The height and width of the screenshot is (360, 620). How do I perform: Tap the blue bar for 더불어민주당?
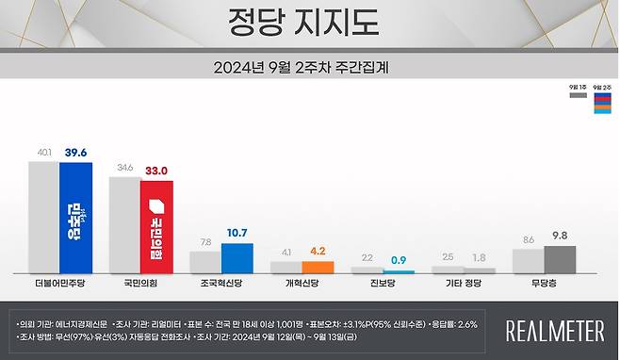(x=75, y=217)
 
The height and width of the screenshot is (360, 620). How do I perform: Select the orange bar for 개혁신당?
(x=318, y=267)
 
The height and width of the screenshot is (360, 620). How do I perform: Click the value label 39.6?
(x=76, y=153)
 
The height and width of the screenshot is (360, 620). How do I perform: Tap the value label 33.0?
(x=156, y=171)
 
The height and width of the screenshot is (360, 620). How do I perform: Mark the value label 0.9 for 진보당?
(x=399, y=259)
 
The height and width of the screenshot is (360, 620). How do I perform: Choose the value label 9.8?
(x=560, y=237)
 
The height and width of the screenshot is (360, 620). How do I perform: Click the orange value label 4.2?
(x=318, y=252)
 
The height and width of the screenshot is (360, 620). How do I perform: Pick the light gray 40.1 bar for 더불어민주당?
(x=43, y=217)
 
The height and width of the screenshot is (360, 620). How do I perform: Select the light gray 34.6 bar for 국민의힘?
(x=124, y=224)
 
